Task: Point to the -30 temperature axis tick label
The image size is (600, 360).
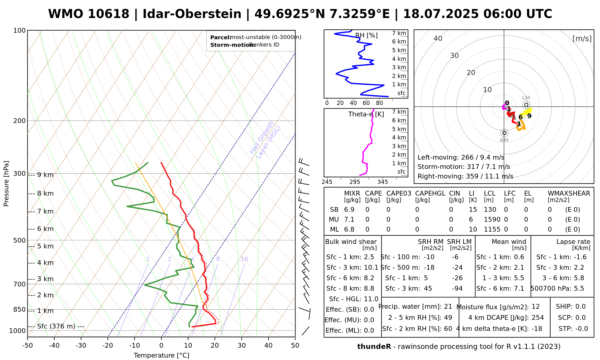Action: tap(81, 346)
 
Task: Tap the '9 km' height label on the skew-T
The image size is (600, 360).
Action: tap(45, 175)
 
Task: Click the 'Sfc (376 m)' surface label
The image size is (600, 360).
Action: tap(56, 326)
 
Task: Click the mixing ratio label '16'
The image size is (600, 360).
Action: tap(244, 259)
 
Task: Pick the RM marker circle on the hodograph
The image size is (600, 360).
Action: tap(504, 133)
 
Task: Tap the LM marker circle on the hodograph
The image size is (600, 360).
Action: tap(526, 105)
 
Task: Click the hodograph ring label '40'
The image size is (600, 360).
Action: tap(438, 38)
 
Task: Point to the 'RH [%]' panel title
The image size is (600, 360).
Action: tap(366, 35)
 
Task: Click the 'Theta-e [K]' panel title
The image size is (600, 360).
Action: tap(366, 114)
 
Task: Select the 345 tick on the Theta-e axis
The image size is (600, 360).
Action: tap(382, 182)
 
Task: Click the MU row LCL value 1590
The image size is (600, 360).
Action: tap(492, 220)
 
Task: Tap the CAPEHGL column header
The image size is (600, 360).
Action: tap(430, 193)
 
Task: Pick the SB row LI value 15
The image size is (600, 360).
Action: tap(473, 210)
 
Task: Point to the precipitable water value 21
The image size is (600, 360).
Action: tap(448, 307)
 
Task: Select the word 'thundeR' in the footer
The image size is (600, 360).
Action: tap(374, 347)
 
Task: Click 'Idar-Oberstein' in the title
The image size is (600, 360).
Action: tap(192, 14)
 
